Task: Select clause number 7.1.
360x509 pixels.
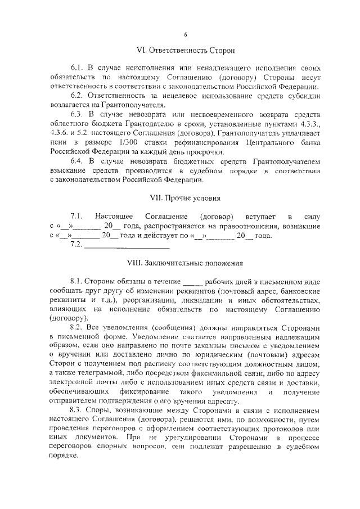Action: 76,216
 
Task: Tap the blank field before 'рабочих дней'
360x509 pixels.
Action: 191,281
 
